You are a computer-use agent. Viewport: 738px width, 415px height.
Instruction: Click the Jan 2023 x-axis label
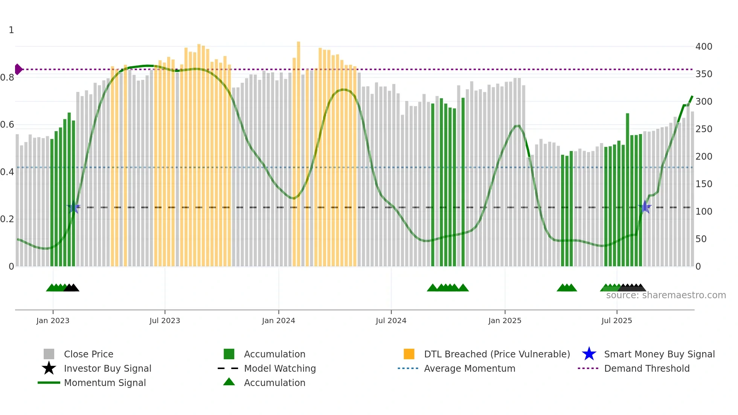(53, 320)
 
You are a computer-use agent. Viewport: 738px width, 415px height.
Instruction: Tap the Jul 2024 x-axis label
(391, 320)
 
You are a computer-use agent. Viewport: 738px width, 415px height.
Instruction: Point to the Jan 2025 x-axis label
(505, 320)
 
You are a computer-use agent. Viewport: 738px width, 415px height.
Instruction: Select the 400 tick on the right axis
(703, 47)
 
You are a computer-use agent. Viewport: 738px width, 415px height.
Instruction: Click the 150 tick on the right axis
(703, 184)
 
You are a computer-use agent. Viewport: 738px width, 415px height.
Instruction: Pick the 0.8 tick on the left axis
(8, 78)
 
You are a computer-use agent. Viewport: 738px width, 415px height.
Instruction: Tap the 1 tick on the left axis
(11, 30)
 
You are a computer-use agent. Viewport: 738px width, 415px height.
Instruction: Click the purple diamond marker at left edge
(18, 69)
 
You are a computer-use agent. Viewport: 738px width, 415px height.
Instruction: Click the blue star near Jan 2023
(73, 207)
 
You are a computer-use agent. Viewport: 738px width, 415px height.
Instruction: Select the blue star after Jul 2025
(645, 207)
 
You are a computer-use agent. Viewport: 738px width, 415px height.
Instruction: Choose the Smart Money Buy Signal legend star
(589, 354)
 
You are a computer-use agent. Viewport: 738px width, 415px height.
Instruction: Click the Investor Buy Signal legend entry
(107, 368)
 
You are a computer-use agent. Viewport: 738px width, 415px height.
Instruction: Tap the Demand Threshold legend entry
(647, 368)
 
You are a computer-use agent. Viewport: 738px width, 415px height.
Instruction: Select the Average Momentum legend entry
(469, 368)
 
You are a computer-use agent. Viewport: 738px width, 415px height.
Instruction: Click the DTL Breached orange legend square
(409, 354)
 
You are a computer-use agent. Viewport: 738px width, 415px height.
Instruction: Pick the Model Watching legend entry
(280, 368)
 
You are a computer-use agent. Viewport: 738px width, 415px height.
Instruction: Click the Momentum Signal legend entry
(105, 383)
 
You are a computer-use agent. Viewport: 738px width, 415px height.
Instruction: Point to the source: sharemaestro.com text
(666, 295)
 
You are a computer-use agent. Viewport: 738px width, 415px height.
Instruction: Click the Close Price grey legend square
(49, 354)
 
